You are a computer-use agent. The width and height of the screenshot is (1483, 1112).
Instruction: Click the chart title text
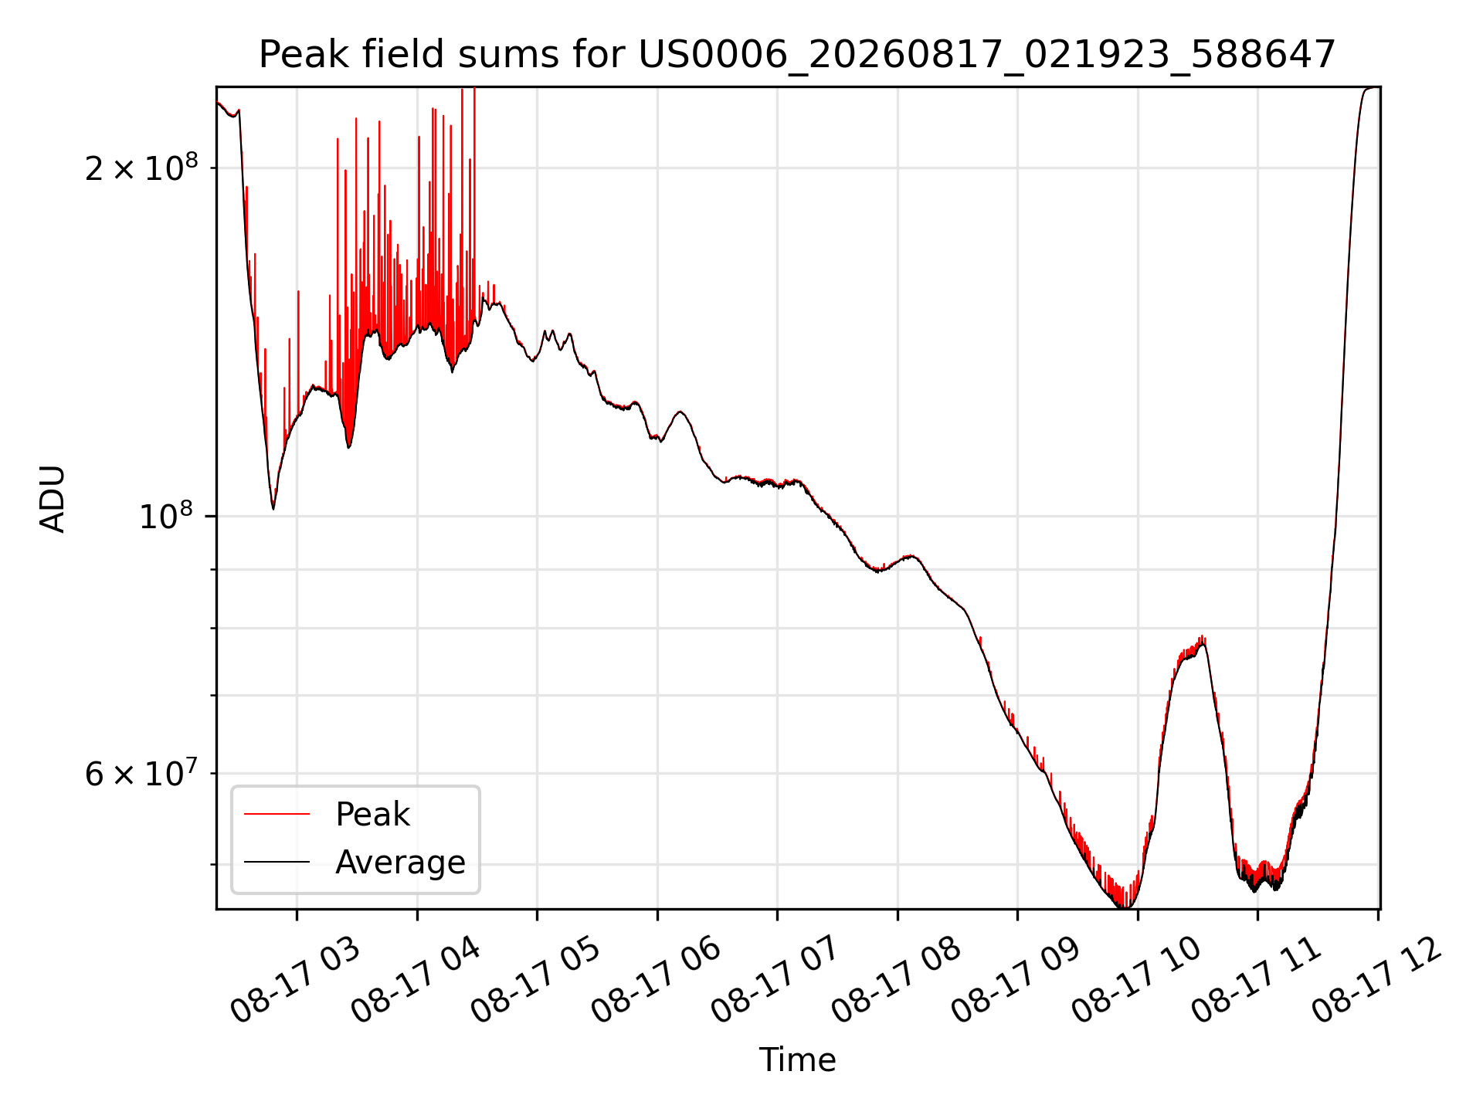[797, 55]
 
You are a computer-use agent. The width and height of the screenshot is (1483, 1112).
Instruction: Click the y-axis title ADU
[53, 498]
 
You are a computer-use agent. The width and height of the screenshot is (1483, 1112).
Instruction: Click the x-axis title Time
[797, 1060]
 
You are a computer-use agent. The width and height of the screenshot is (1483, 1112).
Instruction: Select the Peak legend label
[372, 815]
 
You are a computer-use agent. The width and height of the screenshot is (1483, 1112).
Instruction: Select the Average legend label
[400, 862]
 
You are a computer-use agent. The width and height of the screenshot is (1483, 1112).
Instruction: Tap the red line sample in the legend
[277, 814]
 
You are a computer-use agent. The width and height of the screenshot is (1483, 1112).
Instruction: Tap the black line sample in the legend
[277, 862]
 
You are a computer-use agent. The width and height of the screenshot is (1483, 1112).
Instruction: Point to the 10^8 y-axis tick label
[168, 515]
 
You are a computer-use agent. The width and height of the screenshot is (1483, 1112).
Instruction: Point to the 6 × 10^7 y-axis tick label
[141, 772]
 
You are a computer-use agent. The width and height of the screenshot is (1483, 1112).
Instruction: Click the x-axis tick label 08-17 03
[297, 981]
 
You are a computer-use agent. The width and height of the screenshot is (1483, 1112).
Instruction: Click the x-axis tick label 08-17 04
[417, 981]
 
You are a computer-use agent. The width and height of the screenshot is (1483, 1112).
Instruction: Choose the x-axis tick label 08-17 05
[537, 981]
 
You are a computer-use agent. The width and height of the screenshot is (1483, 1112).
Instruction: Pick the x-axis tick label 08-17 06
[657, 981]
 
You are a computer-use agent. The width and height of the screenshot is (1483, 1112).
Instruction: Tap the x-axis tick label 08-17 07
[777, 981]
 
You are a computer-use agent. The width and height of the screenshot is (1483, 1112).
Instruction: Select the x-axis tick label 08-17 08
[898, 981]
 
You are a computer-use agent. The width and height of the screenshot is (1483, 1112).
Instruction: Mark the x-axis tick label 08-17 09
[1017, 981]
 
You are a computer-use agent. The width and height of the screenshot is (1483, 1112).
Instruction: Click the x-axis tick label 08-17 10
[1138, 981]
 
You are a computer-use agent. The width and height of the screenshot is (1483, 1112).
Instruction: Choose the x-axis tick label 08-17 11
[1257, 981]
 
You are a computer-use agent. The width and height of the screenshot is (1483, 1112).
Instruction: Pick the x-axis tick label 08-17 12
[1378, 981]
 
